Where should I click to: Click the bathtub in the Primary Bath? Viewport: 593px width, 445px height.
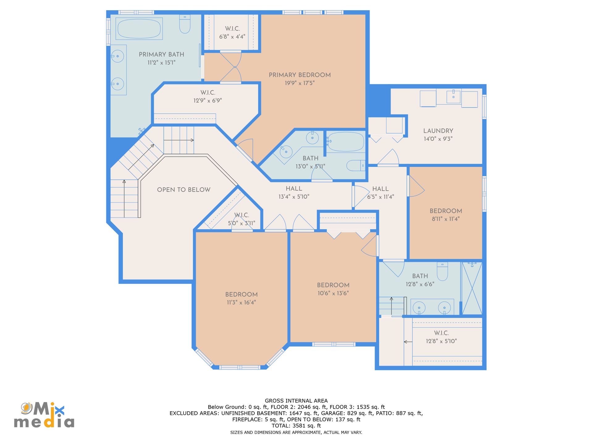tap(139, 28)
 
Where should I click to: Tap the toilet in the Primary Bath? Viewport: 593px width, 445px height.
tap(185, 24)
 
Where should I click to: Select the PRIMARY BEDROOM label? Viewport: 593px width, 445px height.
tap(300, 75)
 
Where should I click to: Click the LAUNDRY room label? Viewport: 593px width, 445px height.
tap(438, 131)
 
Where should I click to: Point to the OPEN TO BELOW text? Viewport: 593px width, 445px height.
tap(183, 190)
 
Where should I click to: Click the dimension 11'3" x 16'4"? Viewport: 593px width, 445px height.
tap(241, 303)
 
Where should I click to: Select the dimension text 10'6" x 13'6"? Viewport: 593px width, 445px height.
tap(333, 293)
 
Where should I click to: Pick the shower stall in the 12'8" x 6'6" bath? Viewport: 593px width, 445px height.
tap(472, 288)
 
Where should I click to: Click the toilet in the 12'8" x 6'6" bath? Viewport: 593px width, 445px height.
tap(442, 271)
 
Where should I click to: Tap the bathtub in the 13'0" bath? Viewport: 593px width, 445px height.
tap(345, 142)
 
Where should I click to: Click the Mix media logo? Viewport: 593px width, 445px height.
tap(44, 415)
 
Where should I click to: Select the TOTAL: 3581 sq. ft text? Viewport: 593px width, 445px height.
tap(296, 426)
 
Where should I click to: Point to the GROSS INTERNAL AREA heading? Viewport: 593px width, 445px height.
tap(296, 401)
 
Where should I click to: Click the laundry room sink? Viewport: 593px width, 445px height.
tap(453, 97)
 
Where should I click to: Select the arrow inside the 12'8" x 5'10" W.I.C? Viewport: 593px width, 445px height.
tap(408, 342)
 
